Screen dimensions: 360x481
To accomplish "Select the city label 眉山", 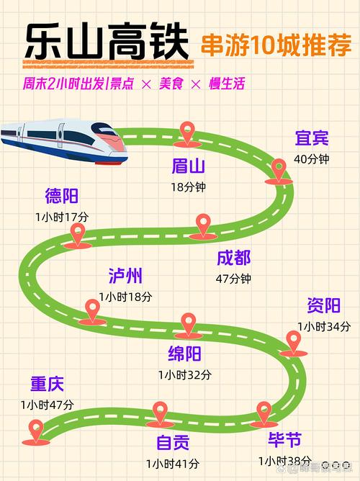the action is tap(189, 167).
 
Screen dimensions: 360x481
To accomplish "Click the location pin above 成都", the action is tap(204, 225).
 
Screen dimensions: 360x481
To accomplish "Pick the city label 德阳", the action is tap(62, 196).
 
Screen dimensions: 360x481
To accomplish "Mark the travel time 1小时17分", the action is tap(62, 216).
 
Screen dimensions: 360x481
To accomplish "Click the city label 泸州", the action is tap(125, 276).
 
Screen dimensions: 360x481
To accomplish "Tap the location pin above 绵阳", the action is tap(188, 324).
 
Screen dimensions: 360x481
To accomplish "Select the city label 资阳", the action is tap(323, 306).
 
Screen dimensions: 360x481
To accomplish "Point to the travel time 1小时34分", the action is tap(323, 326).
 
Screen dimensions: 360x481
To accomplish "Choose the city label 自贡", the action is tap(174, 442).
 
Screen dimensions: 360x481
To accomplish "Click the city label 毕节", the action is tap(284, 440).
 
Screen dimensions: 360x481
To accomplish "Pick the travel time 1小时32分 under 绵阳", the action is tap(185, 374).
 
